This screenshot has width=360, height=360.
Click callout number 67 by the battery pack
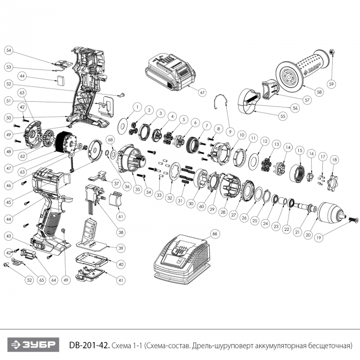tap(202, 92)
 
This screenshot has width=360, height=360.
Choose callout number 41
tap(121, 280)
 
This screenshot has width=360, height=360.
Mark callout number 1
tap(137, 106)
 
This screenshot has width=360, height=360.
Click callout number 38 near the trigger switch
tap(121, 232)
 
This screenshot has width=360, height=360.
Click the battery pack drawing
tap(171, 72)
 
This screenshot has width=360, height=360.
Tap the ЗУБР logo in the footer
tap(32, 344)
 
